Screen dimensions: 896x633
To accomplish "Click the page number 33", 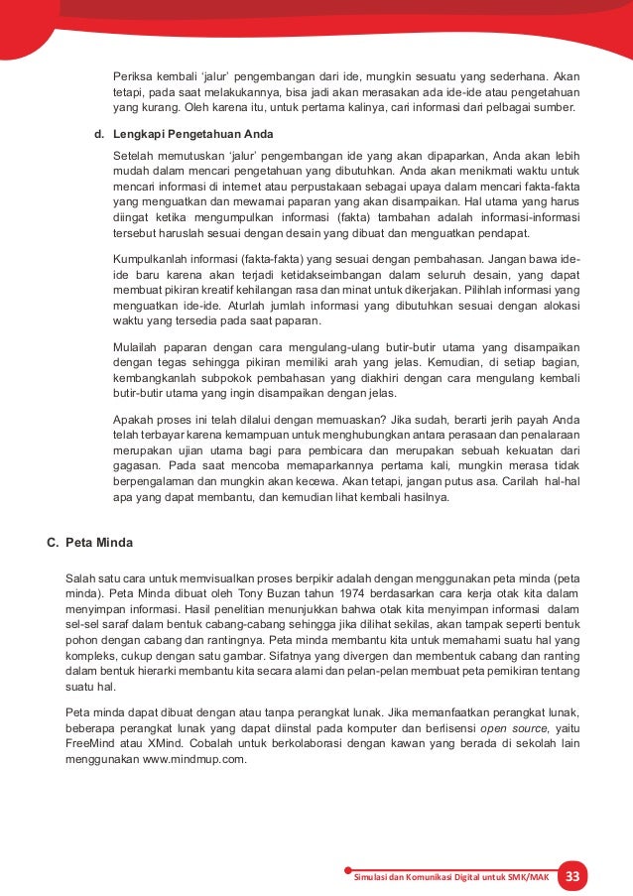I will [571, 876].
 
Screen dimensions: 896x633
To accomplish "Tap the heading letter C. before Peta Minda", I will [54, 543].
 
